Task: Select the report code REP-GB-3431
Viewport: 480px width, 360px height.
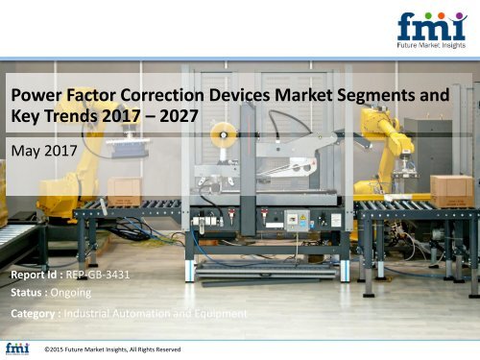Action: pos(95,275)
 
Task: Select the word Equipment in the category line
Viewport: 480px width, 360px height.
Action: pos(219,313)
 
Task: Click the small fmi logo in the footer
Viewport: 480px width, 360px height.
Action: pos(16,348)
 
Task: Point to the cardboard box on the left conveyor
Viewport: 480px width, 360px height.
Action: pos(125,191)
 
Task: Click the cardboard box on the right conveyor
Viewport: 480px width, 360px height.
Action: pos(450,190)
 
